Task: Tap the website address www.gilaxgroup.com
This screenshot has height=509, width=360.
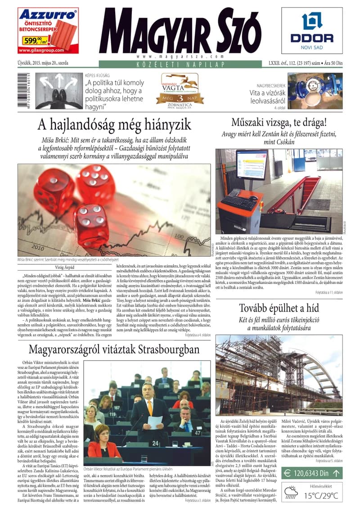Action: coord(47,50)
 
